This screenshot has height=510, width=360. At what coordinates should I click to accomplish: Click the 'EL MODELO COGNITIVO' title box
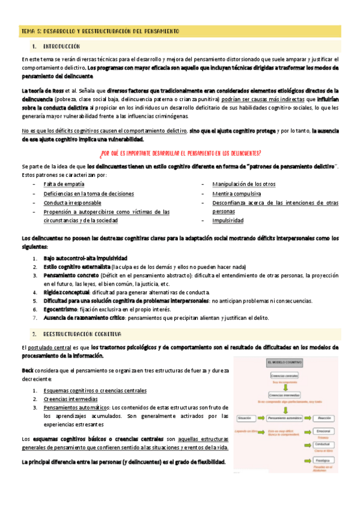pos(284,363)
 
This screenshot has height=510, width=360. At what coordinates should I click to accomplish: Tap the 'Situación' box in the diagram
pos(245,417)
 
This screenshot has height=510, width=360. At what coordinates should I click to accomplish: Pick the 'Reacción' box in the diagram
pos(325,417)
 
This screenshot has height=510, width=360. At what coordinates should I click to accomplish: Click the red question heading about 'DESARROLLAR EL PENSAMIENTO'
pos(180,152)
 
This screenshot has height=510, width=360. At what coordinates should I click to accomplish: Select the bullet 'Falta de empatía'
pos(64,184)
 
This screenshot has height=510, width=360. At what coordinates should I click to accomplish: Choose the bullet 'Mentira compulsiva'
pos(236,194)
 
